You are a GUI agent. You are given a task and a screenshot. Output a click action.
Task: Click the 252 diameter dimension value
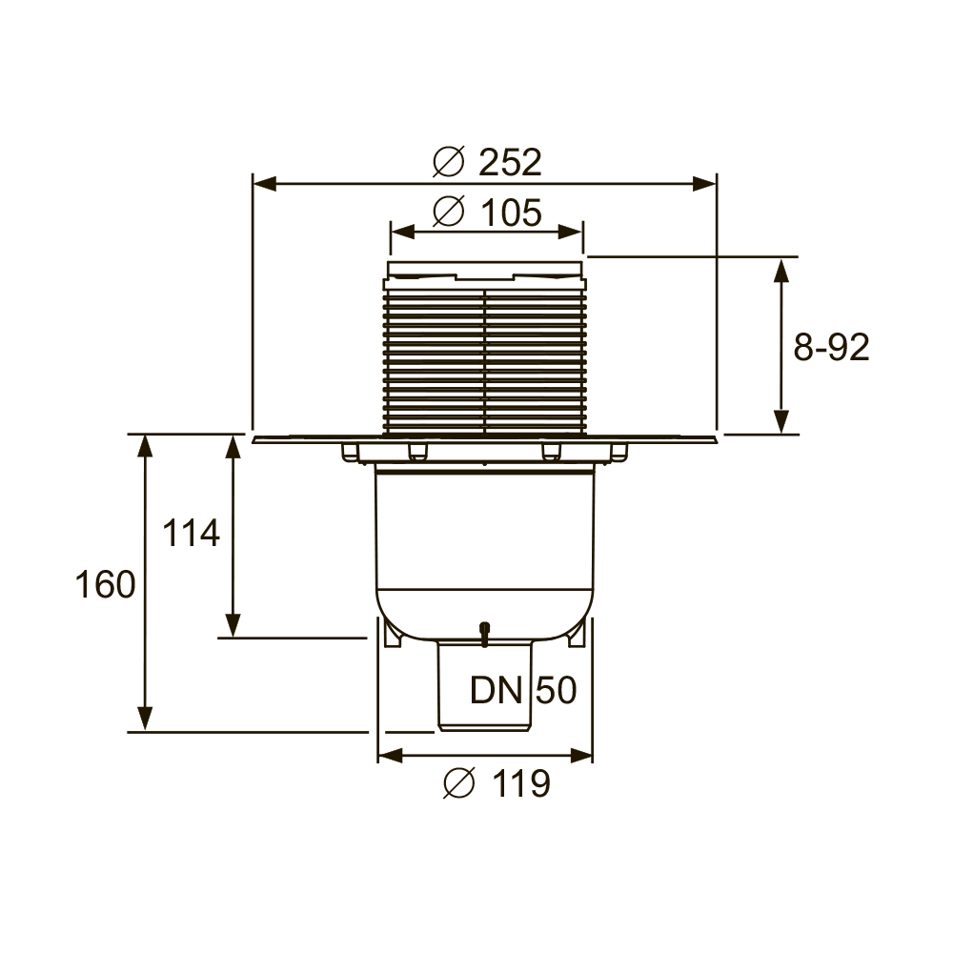click(x=510, y=162)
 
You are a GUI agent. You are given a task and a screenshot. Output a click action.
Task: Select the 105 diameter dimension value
click(x=511, y=213)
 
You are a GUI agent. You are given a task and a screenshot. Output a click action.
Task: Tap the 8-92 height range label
click(x=831, y=348)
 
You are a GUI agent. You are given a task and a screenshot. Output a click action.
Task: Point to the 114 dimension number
click(x=191, y=533)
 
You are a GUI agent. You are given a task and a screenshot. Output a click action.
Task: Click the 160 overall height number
click(x=105, y=585)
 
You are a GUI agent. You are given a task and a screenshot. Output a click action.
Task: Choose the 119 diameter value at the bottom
click(x=521, y=783)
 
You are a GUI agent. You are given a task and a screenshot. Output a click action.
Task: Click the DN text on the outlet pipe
click(x=496, y=690)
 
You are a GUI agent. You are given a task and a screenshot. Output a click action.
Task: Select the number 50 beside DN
click(x=557, y=690)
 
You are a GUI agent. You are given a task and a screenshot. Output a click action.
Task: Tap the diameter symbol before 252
click(x=449, y=162)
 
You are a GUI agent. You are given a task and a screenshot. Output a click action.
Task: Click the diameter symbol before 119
click(x=459, y=782)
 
